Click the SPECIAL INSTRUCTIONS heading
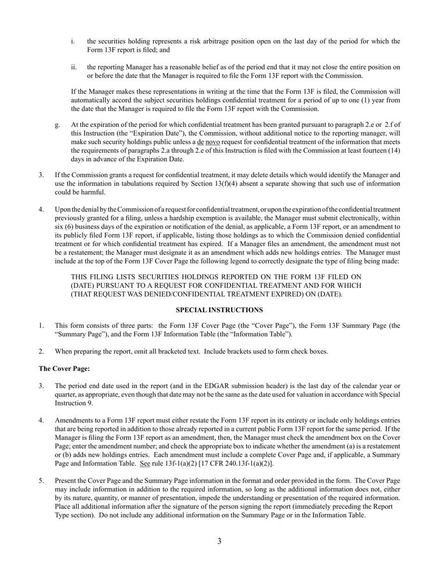pyautogui.click(x=219, y=310)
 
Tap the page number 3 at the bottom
pyautogui.click(x=219, y=541)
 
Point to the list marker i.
pyautogui.click(x=73, y=42)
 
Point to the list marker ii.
pyautogui.click(x=74, y=67)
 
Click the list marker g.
pyautogui.click(x=57, y=125)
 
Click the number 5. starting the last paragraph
pyautogui.click(x=42, y=481)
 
